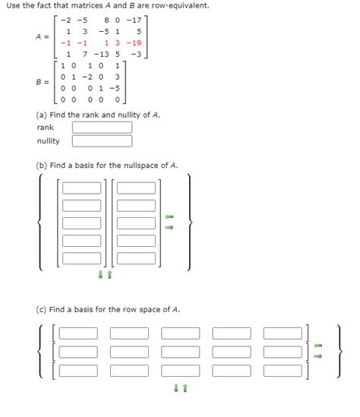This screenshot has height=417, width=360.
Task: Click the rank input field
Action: (x=102, y=128)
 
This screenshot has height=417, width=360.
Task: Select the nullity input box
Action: (x=102, y=141)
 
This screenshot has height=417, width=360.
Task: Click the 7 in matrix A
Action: (x=84, y=54)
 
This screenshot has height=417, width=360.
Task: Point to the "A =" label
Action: (x=43, y=36)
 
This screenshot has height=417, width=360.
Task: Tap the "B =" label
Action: (x=43, y=82)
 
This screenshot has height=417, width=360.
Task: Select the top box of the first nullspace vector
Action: (x=81, y=188)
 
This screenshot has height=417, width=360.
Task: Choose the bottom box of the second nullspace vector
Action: (x=136, y=258)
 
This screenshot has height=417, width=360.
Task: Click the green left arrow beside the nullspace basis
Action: (x=169, y=218)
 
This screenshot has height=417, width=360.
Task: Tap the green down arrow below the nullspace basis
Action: (x=100, y=275)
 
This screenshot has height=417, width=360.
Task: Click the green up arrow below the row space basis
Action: (x=185, y=388)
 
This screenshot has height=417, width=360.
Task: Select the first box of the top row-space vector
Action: (x=79, y=333)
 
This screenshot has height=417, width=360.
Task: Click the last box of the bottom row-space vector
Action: (x=283, y=371)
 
